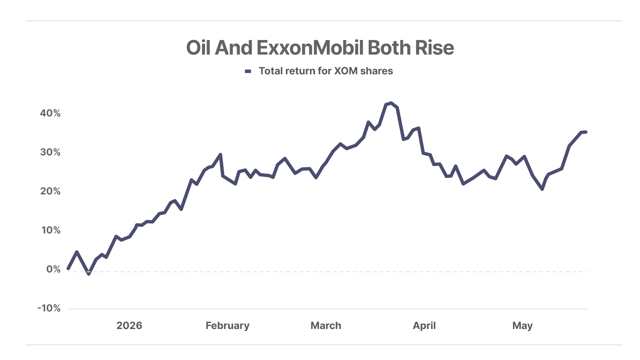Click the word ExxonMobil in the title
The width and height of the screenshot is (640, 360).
(x=310, y=48)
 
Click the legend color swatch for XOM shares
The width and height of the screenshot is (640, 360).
(x=248, y=71)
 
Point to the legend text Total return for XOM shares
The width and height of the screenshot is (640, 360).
(x=326, y=71)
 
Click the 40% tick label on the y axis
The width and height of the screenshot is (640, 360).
(x=50, y=113)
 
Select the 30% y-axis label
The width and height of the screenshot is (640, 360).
(x=50, y=152)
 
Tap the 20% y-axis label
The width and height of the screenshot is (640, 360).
(x=50, y=191)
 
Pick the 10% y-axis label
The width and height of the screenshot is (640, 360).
(x=51, y=230)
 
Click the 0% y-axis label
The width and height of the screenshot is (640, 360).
(x=53, y=269)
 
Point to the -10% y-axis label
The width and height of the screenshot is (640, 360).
(x=49, y=308)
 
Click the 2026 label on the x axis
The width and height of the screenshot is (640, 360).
(x=129, y=325)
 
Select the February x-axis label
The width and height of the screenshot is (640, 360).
(x=227, y=326)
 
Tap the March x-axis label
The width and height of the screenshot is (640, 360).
(x=326, y=325)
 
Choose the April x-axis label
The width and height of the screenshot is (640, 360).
(x=424, y=326)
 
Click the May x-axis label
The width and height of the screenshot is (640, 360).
(x=522, y=326)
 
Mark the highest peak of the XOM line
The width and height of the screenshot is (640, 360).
(x=391, y=103)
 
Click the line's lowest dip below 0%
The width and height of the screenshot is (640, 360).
(x=89, y=274)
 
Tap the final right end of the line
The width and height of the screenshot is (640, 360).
(x=586, y=132)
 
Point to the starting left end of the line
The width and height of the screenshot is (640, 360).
(x=68, y=268)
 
